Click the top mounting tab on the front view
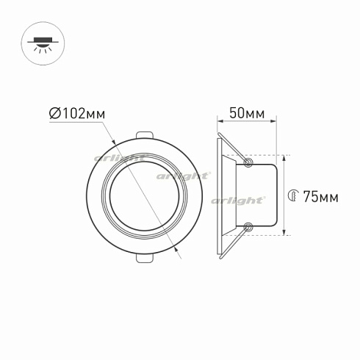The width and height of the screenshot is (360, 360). [145, 135]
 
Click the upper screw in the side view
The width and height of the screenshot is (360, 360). [248, 161]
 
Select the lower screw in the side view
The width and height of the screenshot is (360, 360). [248, 228]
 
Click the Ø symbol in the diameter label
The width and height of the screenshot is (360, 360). [54, 114]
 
